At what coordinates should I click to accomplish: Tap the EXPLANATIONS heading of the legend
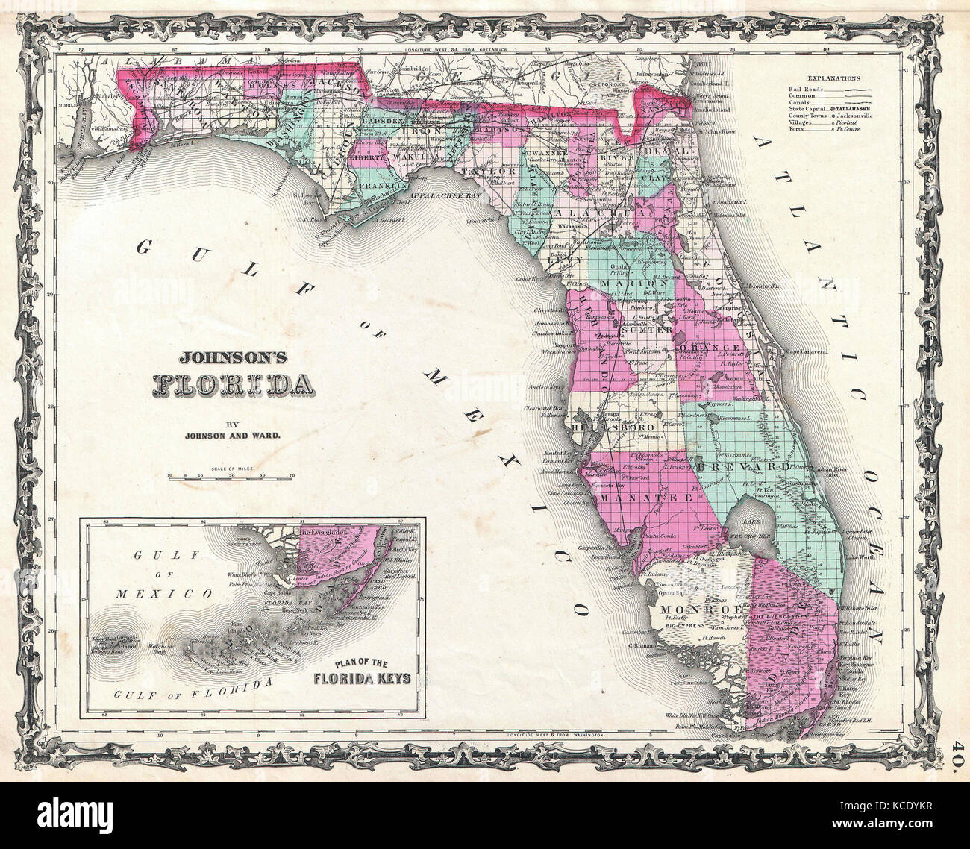[833, 78]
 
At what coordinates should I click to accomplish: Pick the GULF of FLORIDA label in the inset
[192, 693]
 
